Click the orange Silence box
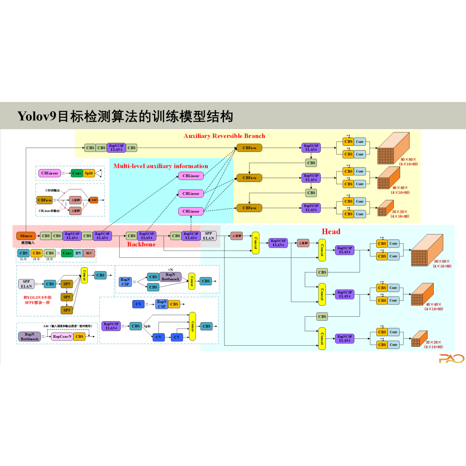pos(26,236)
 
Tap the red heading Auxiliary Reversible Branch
pos(224,136)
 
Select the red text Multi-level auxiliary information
pos(161,166)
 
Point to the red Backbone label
pos(141,244)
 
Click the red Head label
pos(331,231)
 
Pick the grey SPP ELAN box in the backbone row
pos(208,236)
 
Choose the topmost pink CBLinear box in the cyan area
pos(191,176)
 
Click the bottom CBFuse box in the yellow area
pos(249,208)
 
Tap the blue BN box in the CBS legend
pos(78,253)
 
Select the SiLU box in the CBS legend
pos(89,253)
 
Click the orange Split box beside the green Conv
pos(89,173)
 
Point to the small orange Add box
pos(94,200)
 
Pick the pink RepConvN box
pos(62,337)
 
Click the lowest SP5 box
pos(67,310)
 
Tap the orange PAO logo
pos(451,358)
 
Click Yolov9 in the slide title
pos(37,116)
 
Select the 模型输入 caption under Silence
pos(28,243)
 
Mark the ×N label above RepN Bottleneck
pos(170,270)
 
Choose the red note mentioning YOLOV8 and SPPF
pos(37,300)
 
